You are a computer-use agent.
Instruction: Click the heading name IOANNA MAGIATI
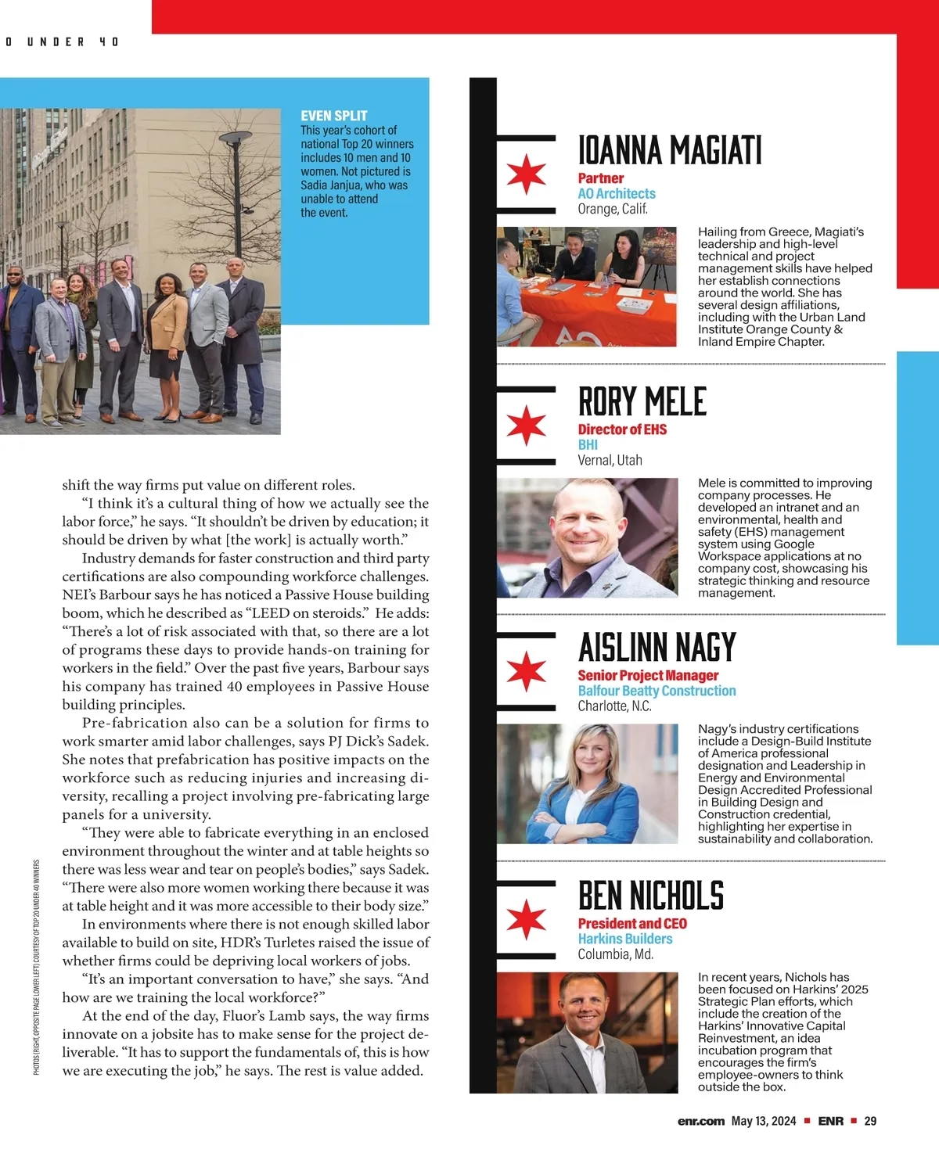[669, 150]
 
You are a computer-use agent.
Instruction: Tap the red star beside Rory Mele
[526, 425]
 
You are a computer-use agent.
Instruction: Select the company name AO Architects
[617, 193]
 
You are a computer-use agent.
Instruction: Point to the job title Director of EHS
[622, 429]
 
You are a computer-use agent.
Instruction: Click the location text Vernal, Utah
[610, 460]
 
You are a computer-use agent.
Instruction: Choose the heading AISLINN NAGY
[657, 648]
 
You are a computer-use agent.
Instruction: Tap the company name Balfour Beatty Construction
[657, 691]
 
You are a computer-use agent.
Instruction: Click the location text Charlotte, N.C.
[614, 706]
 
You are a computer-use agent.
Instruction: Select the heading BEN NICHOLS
[650, 896]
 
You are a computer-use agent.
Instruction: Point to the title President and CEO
[632, 924]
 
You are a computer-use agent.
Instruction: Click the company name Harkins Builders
[625, 939]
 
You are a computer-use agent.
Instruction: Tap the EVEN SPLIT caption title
[334, 116]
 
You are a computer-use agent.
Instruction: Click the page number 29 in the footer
[870, 1121]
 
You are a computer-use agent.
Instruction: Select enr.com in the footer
[701, 1121]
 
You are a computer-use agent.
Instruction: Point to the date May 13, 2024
[763, 1121]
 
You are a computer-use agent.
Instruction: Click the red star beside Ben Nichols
[526, 918]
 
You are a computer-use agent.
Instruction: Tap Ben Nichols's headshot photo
[587, 1033]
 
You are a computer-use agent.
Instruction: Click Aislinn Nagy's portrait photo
[587, 784]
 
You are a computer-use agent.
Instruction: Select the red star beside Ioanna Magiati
[526, 174]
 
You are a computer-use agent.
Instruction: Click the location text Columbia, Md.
[615, 954]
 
